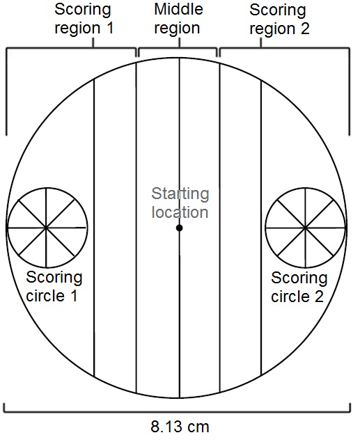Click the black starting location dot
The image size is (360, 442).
pyautogui.click(x=179, y=228)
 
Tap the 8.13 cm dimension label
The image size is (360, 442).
pyautogui.click(x=180, y=427)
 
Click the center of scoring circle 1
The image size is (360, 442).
pyautogui.click(x=47, y=227)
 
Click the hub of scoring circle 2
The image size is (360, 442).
pyautogui.click(x=305, y=227)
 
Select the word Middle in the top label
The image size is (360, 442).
pyautogui.click(x=178, y=9)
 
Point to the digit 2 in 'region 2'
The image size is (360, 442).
pyautogui.click(x=305, y=29)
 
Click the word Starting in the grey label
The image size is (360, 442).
pyautogui.click(x=180, y=194)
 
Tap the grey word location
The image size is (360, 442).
pyautogui.click(x=180, y=212)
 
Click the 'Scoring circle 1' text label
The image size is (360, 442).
pyautogui.click(x=54, y=286)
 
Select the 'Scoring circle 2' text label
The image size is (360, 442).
pyautogui.click(x=299, y=287)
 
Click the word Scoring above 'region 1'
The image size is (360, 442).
pyautogui.click(x=83, y=10)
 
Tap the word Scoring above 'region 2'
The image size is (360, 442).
pyautogui.click(x=278, y=10)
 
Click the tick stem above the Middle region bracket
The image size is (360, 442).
pyautogui.click(x=179, y=42)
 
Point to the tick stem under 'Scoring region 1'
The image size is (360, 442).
pyautogui.click(x=93, y=42)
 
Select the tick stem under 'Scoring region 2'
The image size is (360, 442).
pyautogui.click(x=260, y=42)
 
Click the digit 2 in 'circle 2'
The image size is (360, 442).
pyautogui.click(x=319, y=297)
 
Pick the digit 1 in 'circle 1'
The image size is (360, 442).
pyautogui.click(x=74, y=296)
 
